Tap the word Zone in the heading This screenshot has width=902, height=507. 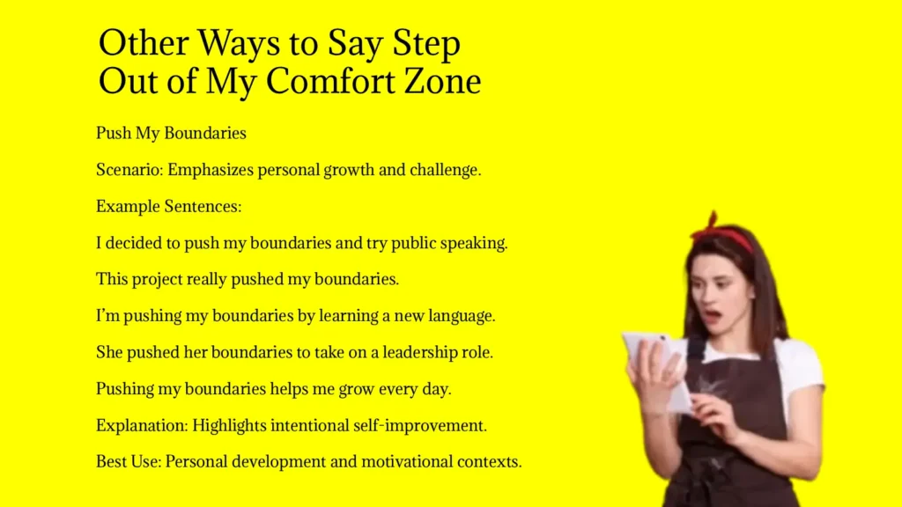[442, 80]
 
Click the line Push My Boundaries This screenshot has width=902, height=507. [171, 134]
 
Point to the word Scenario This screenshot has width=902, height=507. [129, 170]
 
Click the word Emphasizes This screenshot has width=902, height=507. [211, 170]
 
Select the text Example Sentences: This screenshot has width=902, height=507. [168, 206]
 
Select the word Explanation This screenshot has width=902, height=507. [142, 426]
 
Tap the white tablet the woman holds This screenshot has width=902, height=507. [655, 368]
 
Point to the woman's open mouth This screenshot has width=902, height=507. [713, 316]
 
